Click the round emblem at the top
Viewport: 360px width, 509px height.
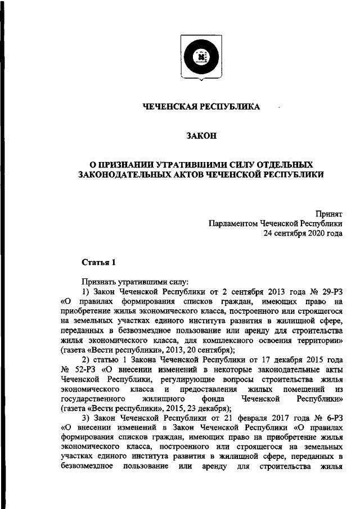[201, 56]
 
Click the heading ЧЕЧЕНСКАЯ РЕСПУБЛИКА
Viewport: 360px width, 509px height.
[201, 107]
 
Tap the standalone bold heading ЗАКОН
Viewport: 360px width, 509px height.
[201, 136]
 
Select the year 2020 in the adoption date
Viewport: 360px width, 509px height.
[314, 233]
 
